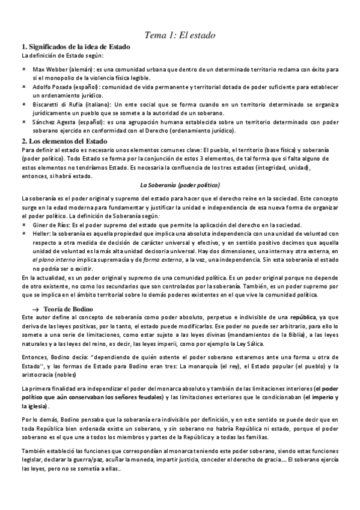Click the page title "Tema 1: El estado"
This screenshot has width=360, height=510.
pyautogui.click(x=180, y=35)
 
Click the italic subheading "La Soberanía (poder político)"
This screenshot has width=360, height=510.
pyautogui.click(x=180, y=185)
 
